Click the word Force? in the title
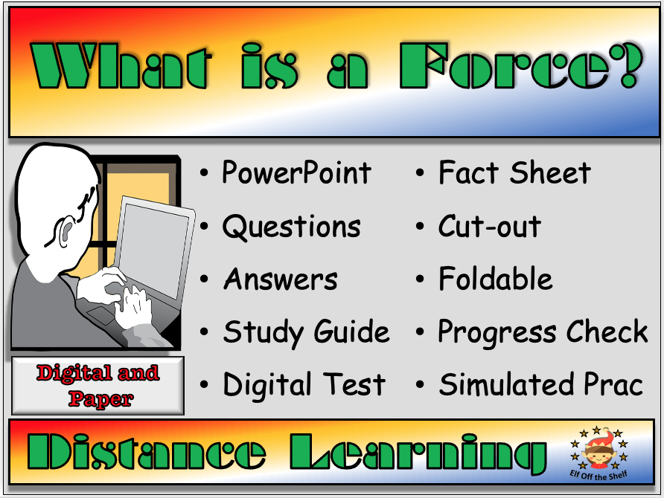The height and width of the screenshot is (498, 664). (521, 65)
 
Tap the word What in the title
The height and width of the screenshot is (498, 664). (121, 65)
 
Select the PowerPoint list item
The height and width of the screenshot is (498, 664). (296, 173)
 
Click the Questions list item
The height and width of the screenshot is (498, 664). (291, 227)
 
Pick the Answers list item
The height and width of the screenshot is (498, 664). (281, 279)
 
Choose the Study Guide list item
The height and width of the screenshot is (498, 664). (306, 333)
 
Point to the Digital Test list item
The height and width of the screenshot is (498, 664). (304, 384)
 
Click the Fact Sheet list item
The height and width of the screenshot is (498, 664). (514, 172)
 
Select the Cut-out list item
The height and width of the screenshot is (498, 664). (490, 226)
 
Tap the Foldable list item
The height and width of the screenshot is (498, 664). (496, 278)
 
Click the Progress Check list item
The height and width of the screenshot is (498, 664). (543, 332)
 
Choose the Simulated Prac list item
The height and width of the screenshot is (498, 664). (540, 384)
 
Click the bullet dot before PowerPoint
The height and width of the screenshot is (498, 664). (204, 173)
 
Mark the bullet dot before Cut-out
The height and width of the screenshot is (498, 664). (420, 226)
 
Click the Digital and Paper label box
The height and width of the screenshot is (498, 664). (98, 385)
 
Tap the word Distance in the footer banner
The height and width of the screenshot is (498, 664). (146, 452)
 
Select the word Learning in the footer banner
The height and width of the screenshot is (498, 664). (418, 453)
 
